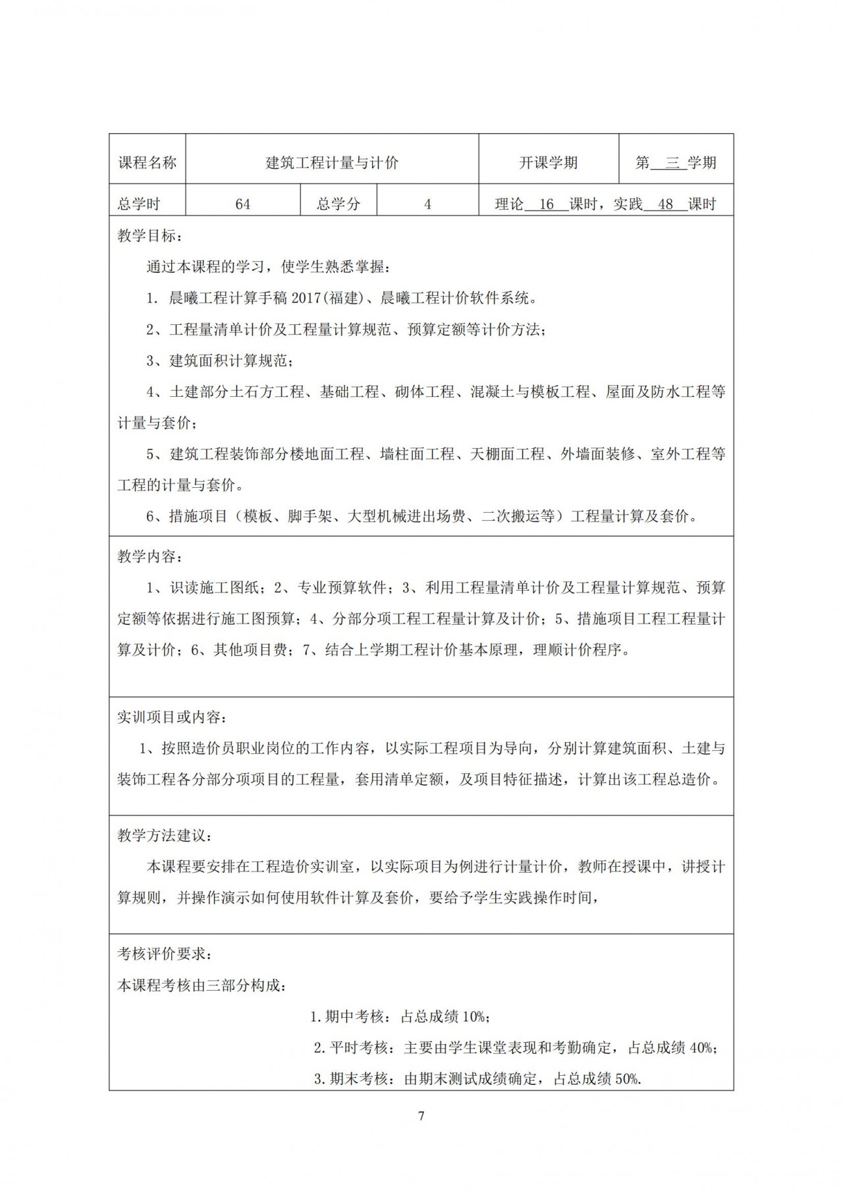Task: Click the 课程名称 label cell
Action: (x=147, y=163)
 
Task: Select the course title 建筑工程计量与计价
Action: (x=332, y=163)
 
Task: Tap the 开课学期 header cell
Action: (x=548, y=163)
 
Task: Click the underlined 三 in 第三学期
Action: (x=672, y=163)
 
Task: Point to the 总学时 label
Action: (x=139, y=204)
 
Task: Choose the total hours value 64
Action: (x=242, y=204)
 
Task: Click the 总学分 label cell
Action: (x=339, y=204)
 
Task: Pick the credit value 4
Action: (x=427, y=204)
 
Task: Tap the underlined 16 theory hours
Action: (x=546, y=204)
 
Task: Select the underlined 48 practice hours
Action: (x=665, y=204)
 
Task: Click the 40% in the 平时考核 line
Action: (x=701, y=1047)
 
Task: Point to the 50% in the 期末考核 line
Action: (x=626, y=1079)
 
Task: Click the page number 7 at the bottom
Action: (x=421, y=1116)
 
